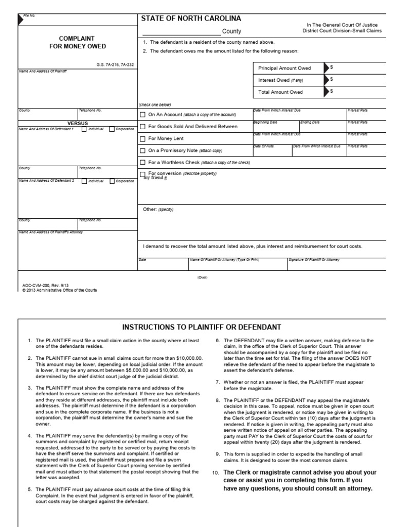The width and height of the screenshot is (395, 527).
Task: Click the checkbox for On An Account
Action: [x=142, y=114]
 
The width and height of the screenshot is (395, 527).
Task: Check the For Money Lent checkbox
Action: [x=142, y=138]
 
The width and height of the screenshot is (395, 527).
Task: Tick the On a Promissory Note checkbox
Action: [x=142, y=151]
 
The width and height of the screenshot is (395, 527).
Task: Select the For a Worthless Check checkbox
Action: [x=142, y=163]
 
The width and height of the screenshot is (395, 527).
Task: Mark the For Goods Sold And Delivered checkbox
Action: [x=142, y=127]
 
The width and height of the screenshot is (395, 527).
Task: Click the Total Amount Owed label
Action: [x=280, y=92]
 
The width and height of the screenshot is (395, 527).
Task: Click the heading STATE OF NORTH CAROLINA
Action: [x=191, y=19]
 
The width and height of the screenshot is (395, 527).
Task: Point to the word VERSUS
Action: [x=78, y=124]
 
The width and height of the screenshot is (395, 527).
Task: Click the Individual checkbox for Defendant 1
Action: [x=84, y=129]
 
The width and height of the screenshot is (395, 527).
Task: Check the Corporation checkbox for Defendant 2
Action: [x=112, y=181]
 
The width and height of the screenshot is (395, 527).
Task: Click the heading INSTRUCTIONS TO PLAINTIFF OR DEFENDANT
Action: [x=201, y=327]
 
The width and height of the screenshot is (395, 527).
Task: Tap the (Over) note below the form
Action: [x=202, y=277]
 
